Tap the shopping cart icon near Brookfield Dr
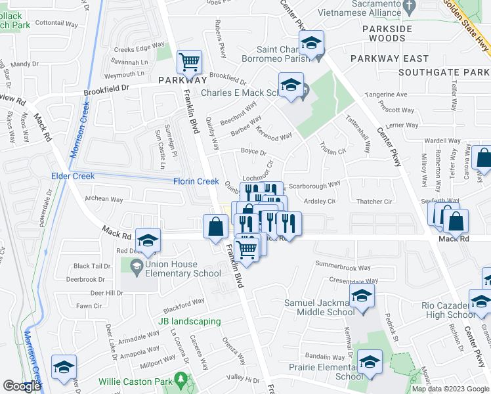pyautogui.click(x=189, y=62)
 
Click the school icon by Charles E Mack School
pyautogui.click(x=290, y=85)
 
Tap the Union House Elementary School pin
pyautogui.click(x=137, y=266)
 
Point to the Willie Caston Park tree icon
pyautogui.click(x=179, y=380)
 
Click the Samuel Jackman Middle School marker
pyautogui.click(x=361, y=296)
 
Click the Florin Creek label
pyautogui.click(x=196, y=181)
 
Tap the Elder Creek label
pyautogui.click(x=73, y=176)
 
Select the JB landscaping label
pyautogui.click(x=189, y=322)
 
